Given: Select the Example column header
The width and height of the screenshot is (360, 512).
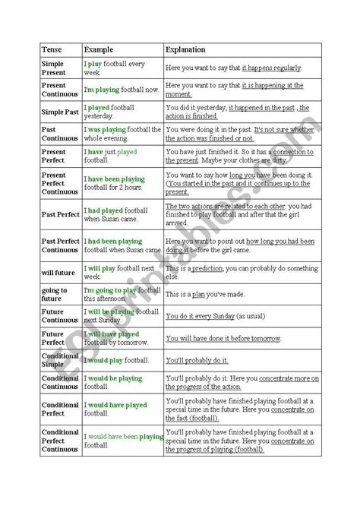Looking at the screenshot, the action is tap(99, 49).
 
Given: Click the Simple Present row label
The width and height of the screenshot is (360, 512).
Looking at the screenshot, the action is tap(55, 68).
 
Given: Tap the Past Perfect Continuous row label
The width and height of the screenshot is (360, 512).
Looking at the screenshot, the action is tap(60, 245).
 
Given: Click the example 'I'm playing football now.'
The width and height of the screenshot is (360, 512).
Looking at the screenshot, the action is tap(121, 90).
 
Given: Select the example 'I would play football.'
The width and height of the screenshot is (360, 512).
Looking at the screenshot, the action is tap(116, 359).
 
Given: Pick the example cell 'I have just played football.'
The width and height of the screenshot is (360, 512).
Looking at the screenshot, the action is tap(116, 156).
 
